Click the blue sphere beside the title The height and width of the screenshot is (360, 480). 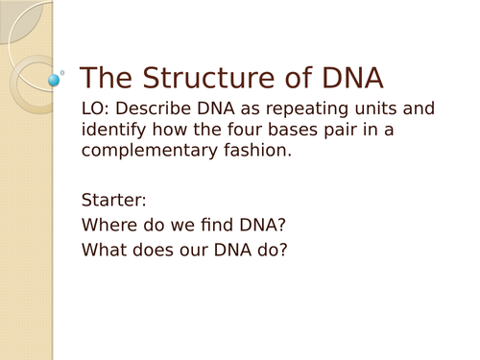click(54, 79)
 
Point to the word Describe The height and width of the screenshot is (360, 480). click(158, 109)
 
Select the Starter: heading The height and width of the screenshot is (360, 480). click(114, 201)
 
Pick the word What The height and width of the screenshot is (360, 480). click(103, 251)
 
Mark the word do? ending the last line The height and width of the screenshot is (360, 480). click(272, 251)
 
